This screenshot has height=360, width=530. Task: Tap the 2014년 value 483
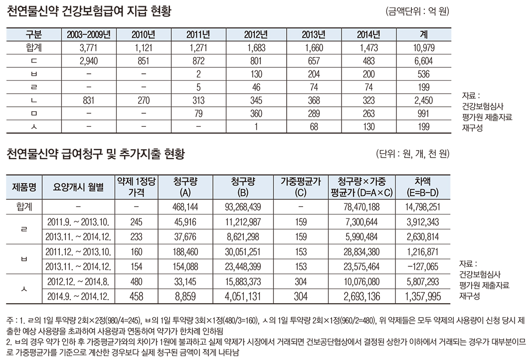coord(368,61)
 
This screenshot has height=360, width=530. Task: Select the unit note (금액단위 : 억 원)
coord(418,11)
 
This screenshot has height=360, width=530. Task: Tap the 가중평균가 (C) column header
coord(300,186)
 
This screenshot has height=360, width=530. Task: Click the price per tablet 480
coord(136,282)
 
